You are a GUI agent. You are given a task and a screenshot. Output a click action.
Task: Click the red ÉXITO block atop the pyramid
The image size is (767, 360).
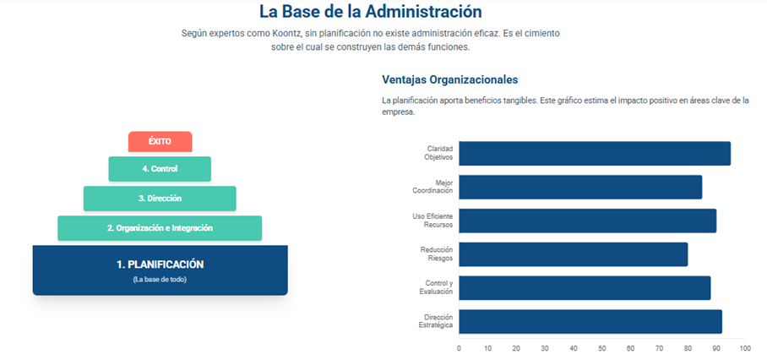[x=160, y=142]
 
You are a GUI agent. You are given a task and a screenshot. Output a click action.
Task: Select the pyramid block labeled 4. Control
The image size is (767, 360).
[x=160, y=169]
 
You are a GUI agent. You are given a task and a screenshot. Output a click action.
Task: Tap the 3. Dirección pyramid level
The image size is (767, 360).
[x=160, y=199]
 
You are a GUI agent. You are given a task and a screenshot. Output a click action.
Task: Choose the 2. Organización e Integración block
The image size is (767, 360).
[x=160, y=228]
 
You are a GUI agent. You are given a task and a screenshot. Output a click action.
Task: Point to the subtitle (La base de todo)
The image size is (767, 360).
[x=160, y=280]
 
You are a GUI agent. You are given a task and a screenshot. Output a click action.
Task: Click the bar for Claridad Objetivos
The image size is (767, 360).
[x=594, y=154]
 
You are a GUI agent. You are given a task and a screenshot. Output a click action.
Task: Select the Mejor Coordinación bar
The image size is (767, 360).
[x=579, y=187]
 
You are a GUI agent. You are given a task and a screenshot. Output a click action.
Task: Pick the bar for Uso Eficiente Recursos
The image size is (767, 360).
[x=587, y=221]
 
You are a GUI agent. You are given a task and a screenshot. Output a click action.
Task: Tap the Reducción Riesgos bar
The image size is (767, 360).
[x=573, y=254]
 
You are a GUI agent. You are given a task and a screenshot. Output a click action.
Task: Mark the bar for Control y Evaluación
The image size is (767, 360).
[x=584, y=287]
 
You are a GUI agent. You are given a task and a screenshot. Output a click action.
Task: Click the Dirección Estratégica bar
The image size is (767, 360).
[x=590, y=321]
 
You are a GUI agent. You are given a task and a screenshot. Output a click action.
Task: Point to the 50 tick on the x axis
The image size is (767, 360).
[x=602, y=348]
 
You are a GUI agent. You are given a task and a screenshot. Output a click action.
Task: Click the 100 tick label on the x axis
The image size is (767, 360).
[x=744, y=348]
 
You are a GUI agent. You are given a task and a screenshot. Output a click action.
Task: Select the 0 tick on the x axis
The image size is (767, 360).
[x=459, y=348]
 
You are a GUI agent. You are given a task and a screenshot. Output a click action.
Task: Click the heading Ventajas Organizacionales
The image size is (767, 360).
[x=449, y=80]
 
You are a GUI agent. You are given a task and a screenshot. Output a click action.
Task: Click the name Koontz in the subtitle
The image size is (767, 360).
[x=292, y=33]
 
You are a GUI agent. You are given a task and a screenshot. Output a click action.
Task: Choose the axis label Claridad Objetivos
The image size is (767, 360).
[x=439, y=153]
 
